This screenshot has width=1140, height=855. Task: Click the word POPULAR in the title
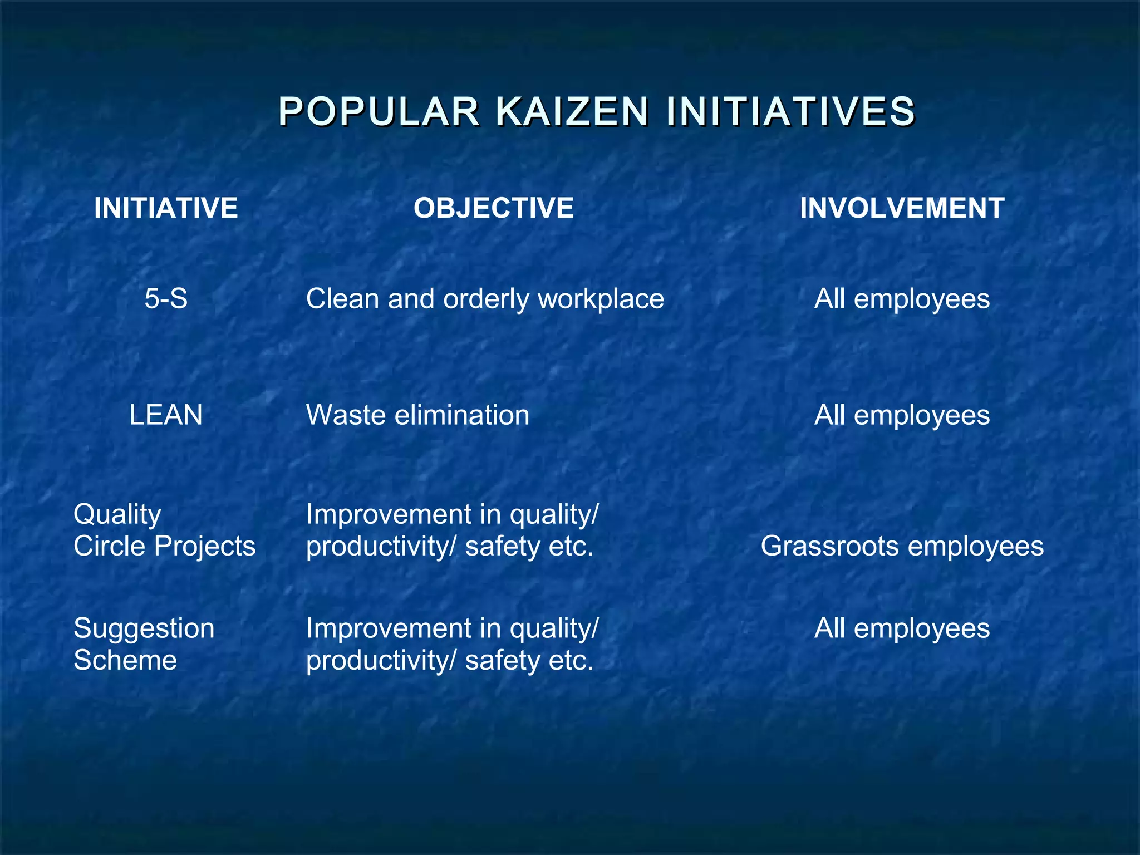tap(379, 111)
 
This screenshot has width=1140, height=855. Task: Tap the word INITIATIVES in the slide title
tap(790, 111)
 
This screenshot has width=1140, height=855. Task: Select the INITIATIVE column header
tap(166, 208)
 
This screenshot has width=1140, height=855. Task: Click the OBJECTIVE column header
tap(493, 208)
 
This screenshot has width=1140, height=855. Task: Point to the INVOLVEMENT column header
tap(902, 208)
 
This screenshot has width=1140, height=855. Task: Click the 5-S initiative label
tap(166, 299)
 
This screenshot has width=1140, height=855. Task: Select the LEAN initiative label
tap(166, 415)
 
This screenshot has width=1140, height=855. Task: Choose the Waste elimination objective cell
tap(417, 415)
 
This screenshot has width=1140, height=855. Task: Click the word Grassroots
tap(829, 546)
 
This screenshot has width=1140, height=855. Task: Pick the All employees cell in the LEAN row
tap(902, 415)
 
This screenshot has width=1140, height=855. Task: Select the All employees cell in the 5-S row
tap(902, 299)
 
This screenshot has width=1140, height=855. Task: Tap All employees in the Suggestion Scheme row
tap(902, 628)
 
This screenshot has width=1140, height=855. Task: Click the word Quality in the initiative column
tap(117, 515)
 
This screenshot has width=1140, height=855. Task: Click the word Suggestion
tap(144, 629)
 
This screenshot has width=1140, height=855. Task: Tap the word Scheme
tap(125, 661)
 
